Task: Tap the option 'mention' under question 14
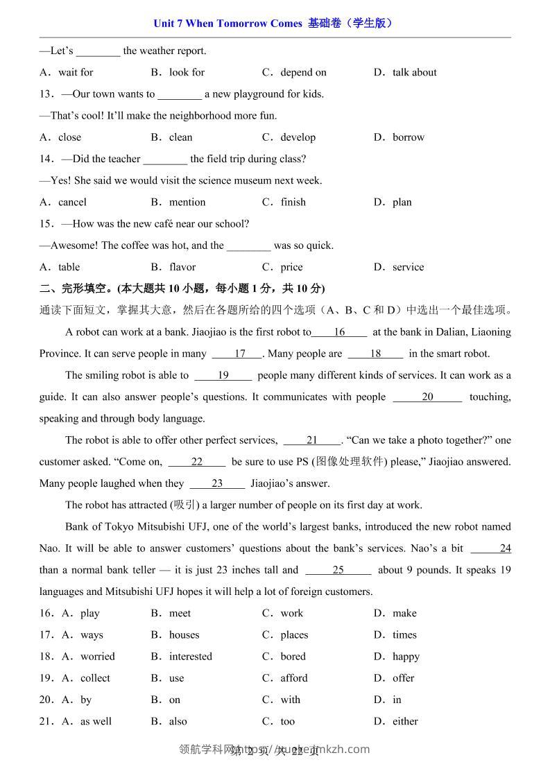tap(187, 202)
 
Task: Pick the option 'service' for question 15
tap(408, 267)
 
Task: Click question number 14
tap(46, 159)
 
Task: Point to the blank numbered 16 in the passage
tap(339, 332)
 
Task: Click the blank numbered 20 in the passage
tap(427, 397)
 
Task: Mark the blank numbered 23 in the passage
tap(217, 484)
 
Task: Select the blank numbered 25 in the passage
tap(338, 571)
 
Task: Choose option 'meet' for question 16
tap(180, 614)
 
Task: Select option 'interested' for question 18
tap(191, 657)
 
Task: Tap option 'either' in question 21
tap(405, 722)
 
